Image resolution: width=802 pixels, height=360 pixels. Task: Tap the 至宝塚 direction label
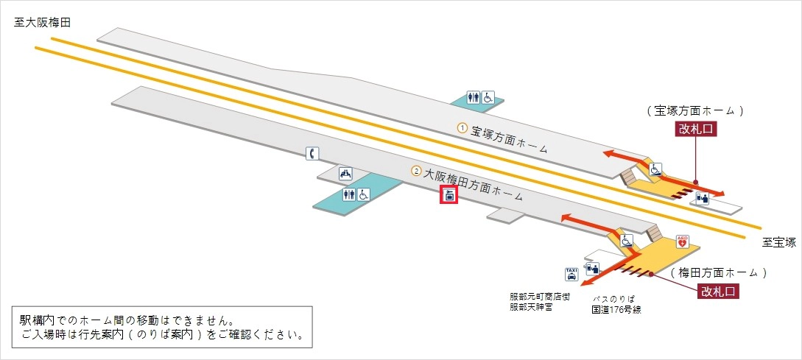coord(779,241)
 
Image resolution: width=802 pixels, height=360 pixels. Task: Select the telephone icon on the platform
coord(312,153)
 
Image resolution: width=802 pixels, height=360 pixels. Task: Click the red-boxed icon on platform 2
coord(449,195)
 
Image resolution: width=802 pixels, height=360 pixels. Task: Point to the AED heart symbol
coord(682,241)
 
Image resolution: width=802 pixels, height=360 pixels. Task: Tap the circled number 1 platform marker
coord(462,128)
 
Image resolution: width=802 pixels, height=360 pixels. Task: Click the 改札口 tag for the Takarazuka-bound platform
coord(695,130)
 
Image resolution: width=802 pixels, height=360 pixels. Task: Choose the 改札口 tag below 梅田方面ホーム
coord(718,291)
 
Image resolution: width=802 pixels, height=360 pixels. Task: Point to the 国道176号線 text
coord(616,309)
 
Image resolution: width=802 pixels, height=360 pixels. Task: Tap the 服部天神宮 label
coord(531,307)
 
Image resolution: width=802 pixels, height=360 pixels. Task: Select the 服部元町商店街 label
coord(539,297)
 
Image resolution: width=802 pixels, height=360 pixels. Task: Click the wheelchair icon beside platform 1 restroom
coord(488,96)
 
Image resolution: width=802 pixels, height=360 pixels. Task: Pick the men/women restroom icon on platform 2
coord(349,194)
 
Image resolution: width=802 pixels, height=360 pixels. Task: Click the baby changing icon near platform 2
coord(345,174)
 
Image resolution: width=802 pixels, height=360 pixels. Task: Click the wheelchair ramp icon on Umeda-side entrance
coord(626,241)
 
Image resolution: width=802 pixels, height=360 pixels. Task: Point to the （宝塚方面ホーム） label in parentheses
coord(695,110)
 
